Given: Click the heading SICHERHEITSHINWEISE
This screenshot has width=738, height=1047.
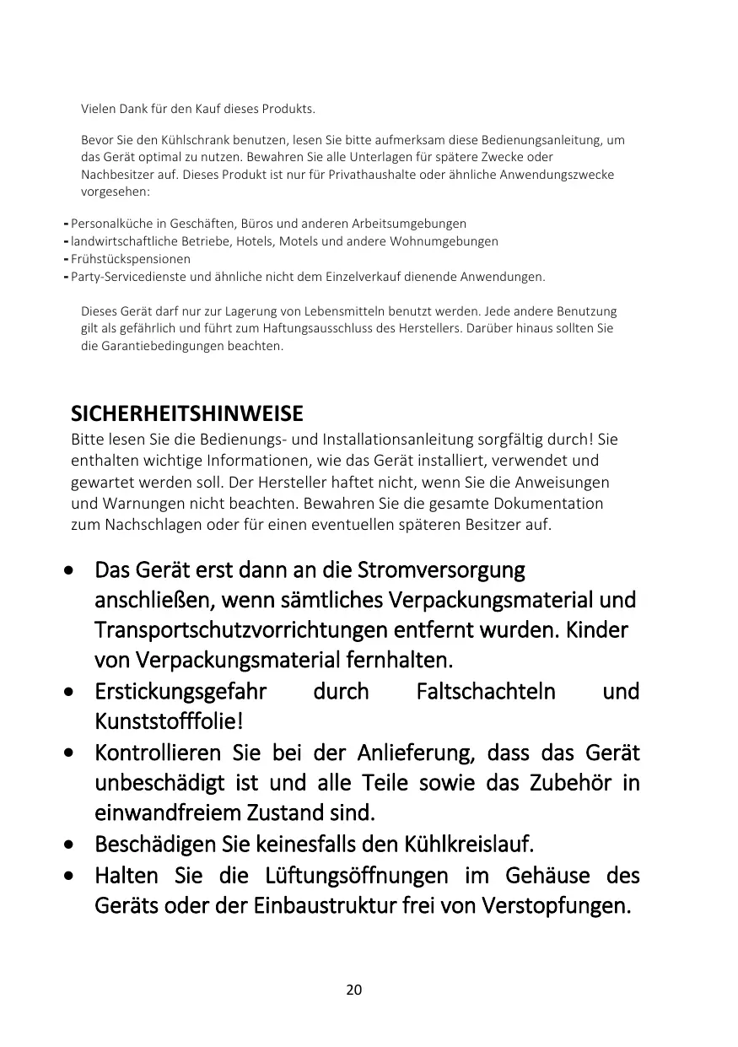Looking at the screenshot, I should point(186,414).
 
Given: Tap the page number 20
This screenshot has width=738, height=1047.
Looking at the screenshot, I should point(354,990).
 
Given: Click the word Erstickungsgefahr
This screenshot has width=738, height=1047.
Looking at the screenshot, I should point(180,692).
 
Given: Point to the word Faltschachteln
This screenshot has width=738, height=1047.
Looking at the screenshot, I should point(486,692).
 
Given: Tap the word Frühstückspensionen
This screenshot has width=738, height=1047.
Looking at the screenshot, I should point(131,259).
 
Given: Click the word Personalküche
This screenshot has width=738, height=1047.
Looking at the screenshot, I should point(108,224).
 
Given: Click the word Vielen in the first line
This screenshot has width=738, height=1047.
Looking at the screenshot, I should point(97,110).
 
